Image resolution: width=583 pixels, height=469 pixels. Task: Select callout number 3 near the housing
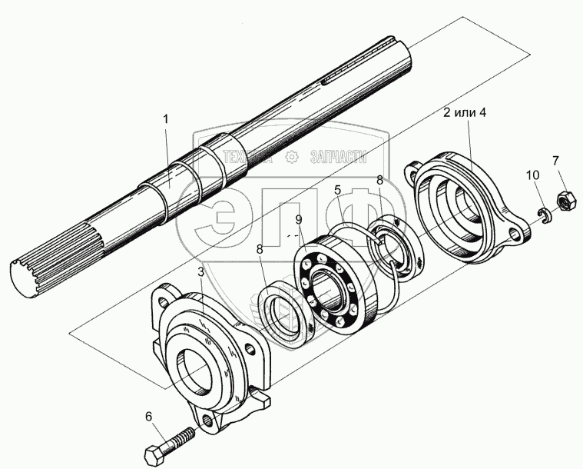[x=200, y=272]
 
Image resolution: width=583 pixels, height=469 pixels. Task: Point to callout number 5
[x=336, y=189]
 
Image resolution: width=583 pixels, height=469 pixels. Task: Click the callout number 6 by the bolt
[x=149, y=417]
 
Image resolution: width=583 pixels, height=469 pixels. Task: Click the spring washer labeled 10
[x=545, y=216]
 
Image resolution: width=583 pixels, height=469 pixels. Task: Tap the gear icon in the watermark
[x=290, y=158]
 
